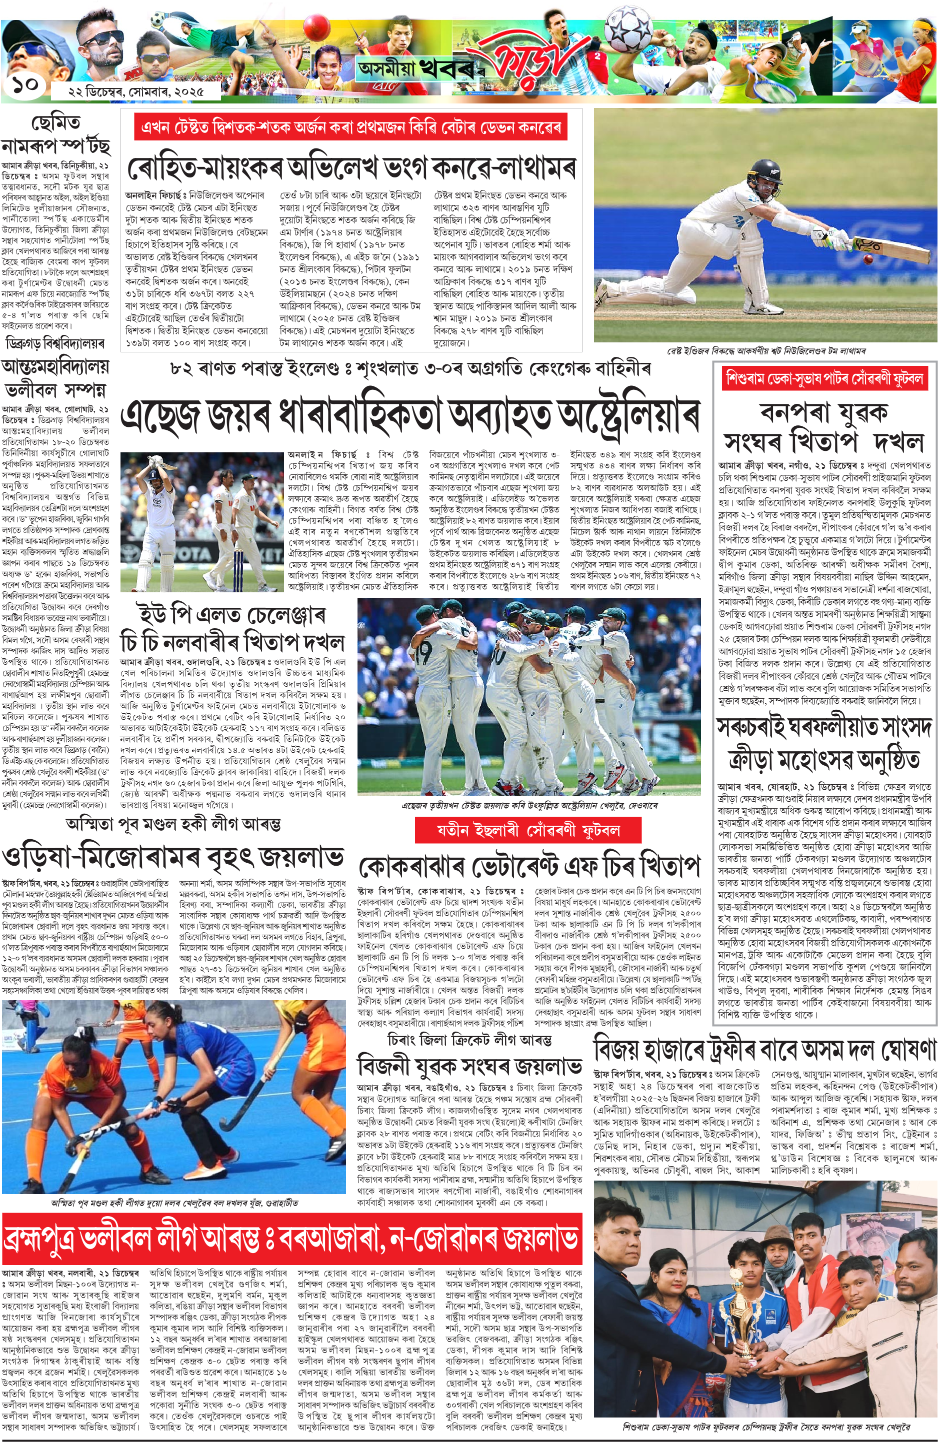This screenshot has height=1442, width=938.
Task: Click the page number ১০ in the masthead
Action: [23, 85]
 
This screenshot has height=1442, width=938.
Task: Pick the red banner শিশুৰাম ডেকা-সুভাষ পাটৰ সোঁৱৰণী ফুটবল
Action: [824, 379]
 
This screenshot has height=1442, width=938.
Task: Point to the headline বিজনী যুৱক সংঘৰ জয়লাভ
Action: [469, 1065]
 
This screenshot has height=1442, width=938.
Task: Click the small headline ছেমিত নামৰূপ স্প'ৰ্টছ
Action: [55, 134]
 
